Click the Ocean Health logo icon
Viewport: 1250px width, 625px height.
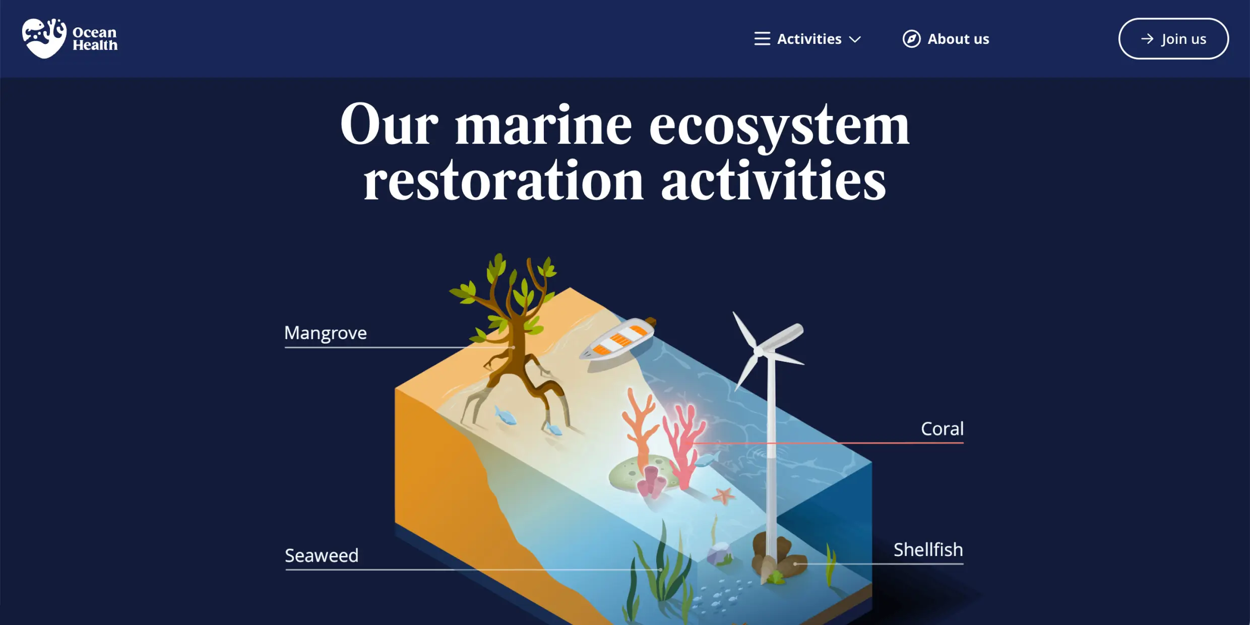click(x=44, y=38)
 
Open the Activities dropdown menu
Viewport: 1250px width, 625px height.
click(x=808, y=39)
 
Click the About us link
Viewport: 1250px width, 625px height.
click(x=958, y=39)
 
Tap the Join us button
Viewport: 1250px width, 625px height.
click(x=1173, y=39)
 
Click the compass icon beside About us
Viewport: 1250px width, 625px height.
click(x=911, y=39)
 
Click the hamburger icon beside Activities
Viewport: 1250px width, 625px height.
click(x=762, y=39)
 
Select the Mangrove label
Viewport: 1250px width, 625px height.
click(x=326, y=333)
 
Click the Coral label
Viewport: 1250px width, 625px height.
click(x=942, y=428)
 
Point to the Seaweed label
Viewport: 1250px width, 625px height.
click(x=322, y=555)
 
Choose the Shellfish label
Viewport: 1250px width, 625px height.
click(x=928, y=549)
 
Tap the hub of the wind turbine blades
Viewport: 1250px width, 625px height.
click(x=759, y=351)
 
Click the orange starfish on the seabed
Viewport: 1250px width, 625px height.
click(x=723, y=496)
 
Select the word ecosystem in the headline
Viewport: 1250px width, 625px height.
click(x=779, y=126)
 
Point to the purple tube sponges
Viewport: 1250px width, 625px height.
click(x=652, y=482)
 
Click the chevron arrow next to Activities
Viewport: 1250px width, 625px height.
click(x=855, y=39)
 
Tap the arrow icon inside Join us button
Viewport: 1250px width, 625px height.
click(x=1147, y=39)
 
